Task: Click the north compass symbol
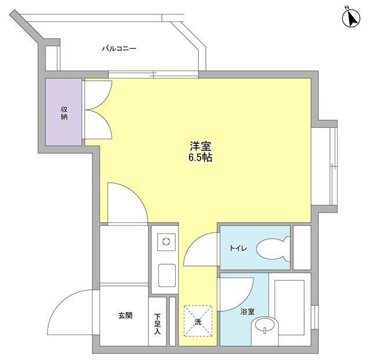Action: coord(350,17)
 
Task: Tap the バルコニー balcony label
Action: coord(119,49)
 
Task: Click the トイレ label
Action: coord(238,248)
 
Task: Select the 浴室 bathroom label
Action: coord(247,311)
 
